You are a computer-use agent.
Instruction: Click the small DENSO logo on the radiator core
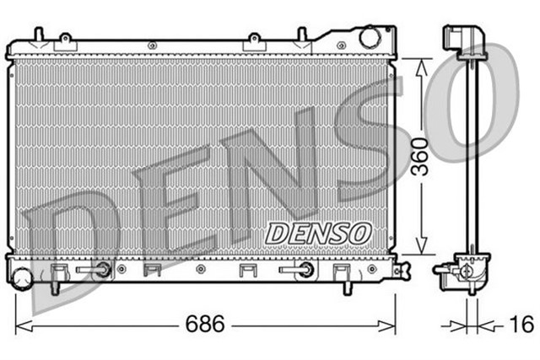pyautogui.click(x=318, y=233)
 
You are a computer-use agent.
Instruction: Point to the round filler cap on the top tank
pyautogui.click(x=369, y=37)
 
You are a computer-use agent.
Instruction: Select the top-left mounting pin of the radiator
pyautogui.click(x=38, y=35)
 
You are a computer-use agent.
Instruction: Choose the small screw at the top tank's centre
pyautogui.click(x=148, y=41)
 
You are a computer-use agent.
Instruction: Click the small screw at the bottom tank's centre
pyautogui.click(x=199, y=270)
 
